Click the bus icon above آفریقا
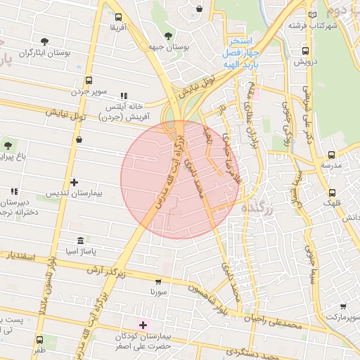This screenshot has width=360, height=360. coord(117,17)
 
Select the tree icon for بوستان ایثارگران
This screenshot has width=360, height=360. coord(45,41)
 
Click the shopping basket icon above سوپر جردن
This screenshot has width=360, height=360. coord(88,80)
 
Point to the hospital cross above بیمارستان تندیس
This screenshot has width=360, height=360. coord(74,182)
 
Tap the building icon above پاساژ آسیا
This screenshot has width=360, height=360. coord(79,240)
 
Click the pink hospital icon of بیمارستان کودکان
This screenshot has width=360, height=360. coord(143,325)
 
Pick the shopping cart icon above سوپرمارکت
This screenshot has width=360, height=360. coord(342,307)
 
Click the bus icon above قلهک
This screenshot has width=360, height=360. coord(332,192)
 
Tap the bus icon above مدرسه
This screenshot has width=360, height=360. coord(331,155)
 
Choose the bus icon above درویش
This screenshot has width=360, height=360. coord(306,51)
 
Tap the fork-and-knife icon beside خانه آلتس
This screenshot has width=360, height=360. coord(124,96)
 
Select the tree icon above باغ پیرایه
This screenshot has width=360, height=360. coord(8,146)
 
